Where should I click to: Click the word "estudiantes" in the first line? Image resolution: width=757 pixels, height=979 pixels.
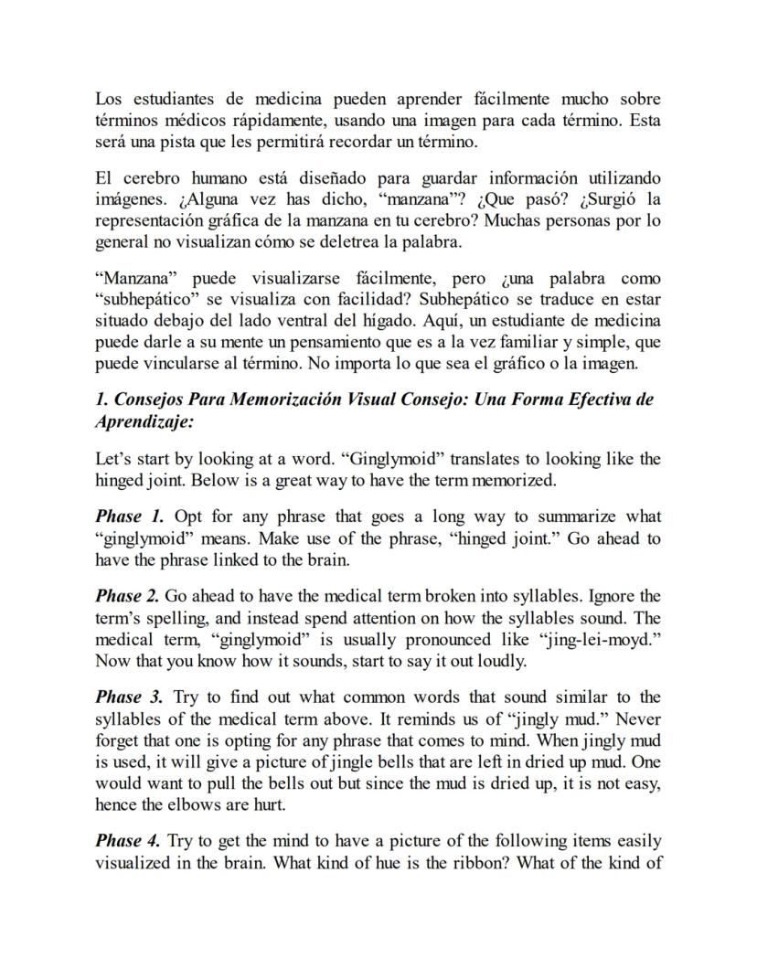click(170, 99)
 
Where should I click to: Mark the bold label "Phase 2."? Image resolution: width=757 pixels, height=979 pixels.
click(127, 597)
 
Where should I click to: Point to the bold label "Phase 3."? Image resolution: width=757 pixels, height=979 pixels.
click(129, 698)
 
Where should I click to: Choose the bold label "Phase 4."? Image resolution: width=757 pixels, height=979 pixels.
click(129, 841)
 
